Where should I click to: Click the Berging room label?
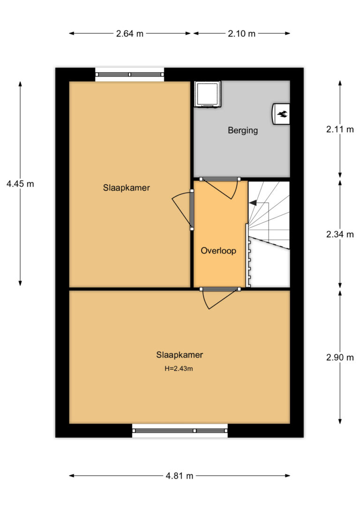(243, 130)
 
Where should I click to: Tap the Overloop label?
(218, 251)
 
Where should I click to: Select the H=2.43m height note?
(179, 368)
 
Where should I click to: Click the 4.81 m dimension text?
(180, 476)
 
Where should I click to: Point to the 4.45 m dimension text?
(20, 184)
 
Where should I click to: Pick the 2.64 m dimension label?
(130, 33)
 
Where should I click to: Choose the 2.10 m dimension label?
(241, 33)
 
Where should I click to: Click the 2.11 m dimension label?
(340, 129)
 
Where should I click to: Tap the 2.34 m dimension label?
(340, 234)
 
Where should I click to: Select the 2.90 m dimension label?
(340, 358)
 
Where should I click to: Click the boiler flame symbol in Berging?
(282, 113)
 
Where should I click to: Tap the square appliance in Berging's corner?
(208, 94)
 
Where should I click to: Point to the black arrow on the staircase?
(253, 203)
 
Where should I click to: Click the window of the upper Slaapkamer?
(129, 75)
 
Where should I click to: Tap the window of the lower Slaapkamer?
(180, 431)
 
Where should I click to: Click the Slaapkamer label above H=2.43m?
(180, 355)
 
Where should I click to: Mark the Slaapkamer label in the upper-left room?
(126, 187)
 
